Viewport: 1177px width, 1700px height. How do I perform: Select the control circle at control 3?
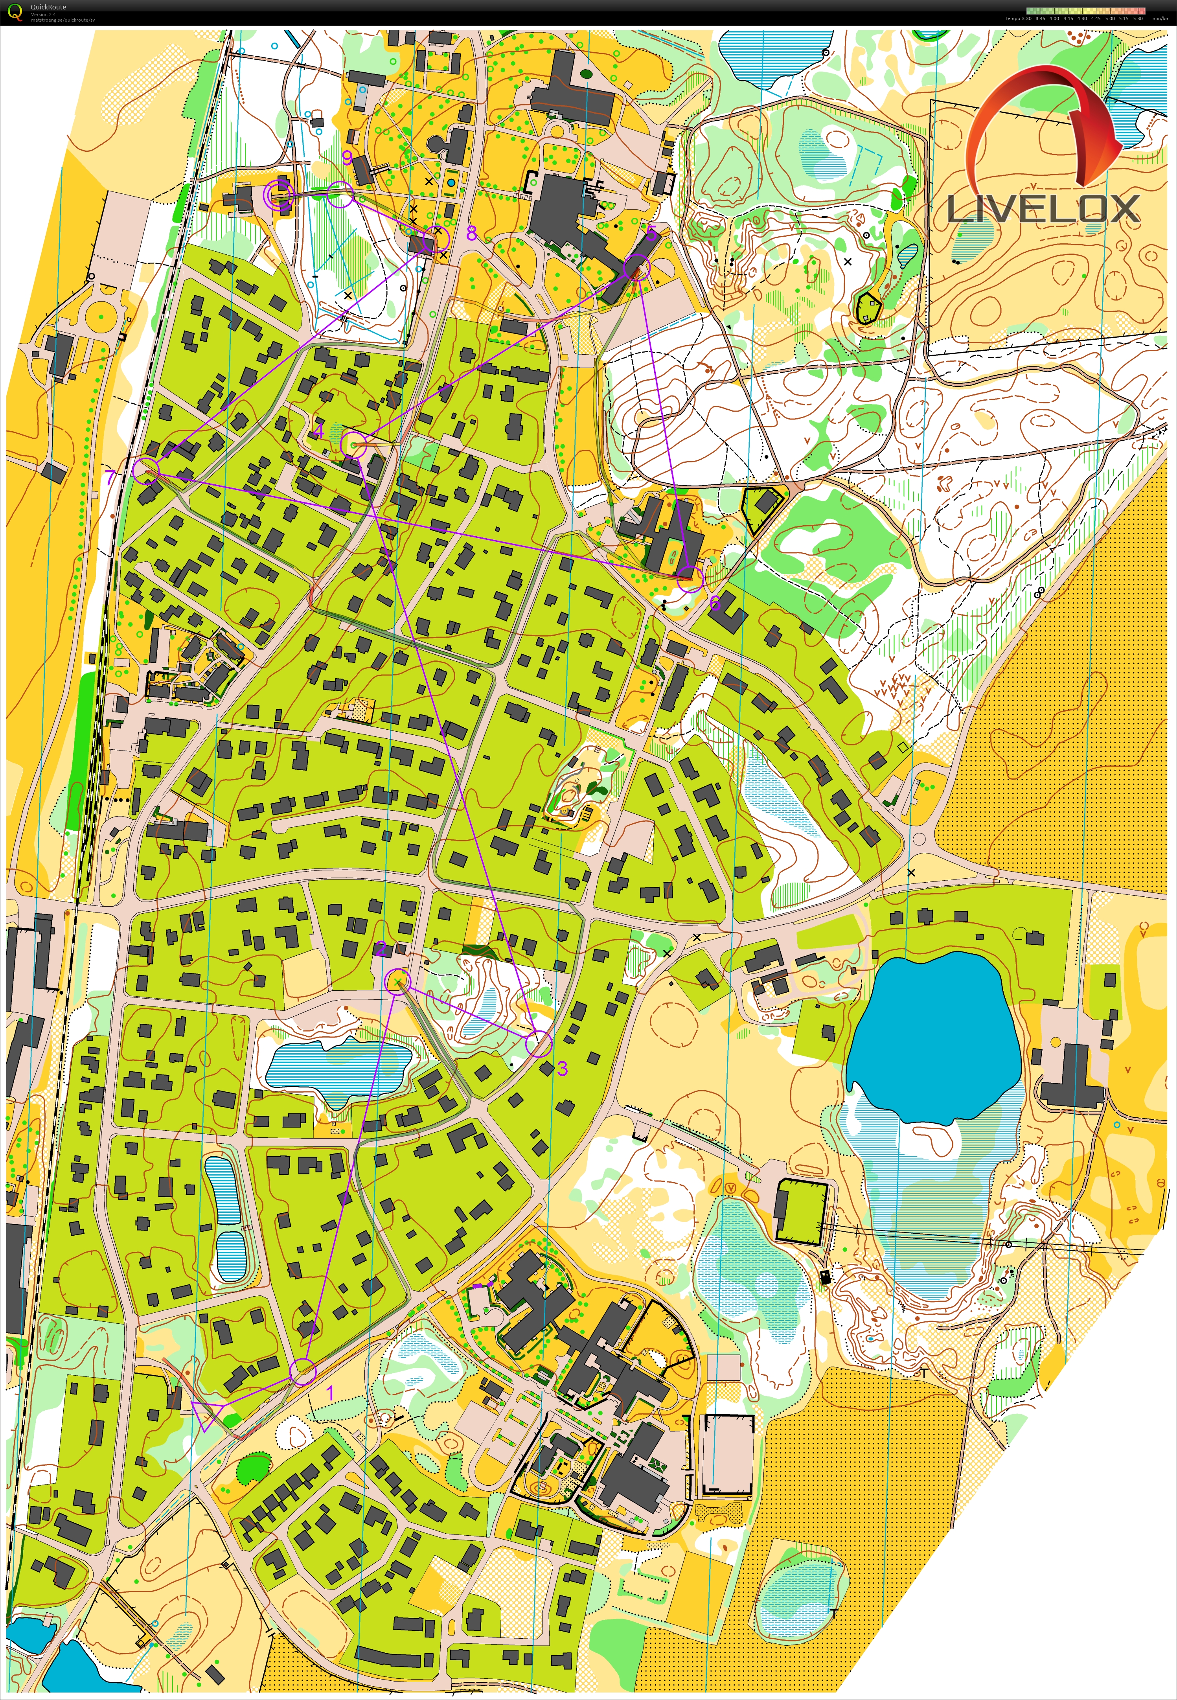(x=538, y=1043)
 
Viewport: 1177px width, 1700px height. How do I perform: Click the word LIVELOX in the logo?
(x=1043, y=209)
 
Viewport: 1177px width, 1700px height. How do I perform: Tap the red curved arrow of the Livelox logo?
(x=1047, y=118)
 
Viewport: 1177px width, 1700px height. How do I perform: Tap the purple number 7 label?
(x=110, y=478)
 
